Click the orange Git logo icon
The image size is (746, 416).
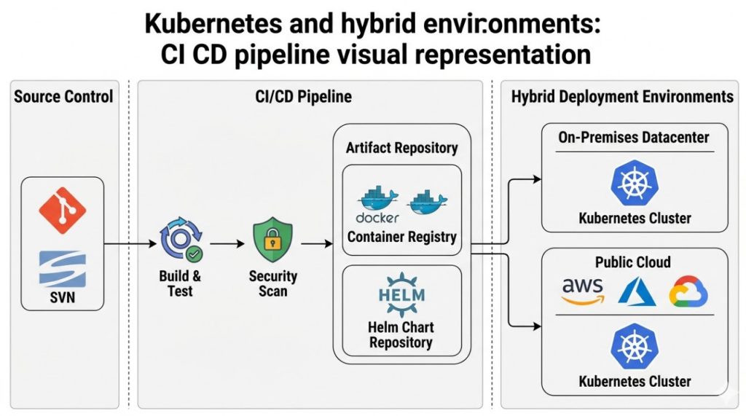[62, 210]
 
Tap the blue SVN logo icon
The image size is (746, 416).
[62, 269]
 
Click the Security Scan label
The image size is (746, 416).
[273, 284]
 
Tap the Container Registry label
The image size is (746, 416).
[401, 236]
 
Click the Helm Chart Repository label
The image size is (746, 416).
[401, 334]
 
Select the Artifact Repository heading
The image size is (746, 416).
[401, 148]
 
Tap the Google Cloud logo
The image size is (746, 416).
[688, 291]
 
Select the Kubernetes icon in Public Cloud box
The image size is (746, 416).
[635, 346]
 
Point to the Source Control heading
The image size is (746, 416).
[63, 96]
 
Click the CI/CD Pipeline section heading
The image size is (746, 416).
[310, 96]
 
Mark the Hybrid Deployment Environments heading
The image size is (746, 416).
[622, 96]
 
